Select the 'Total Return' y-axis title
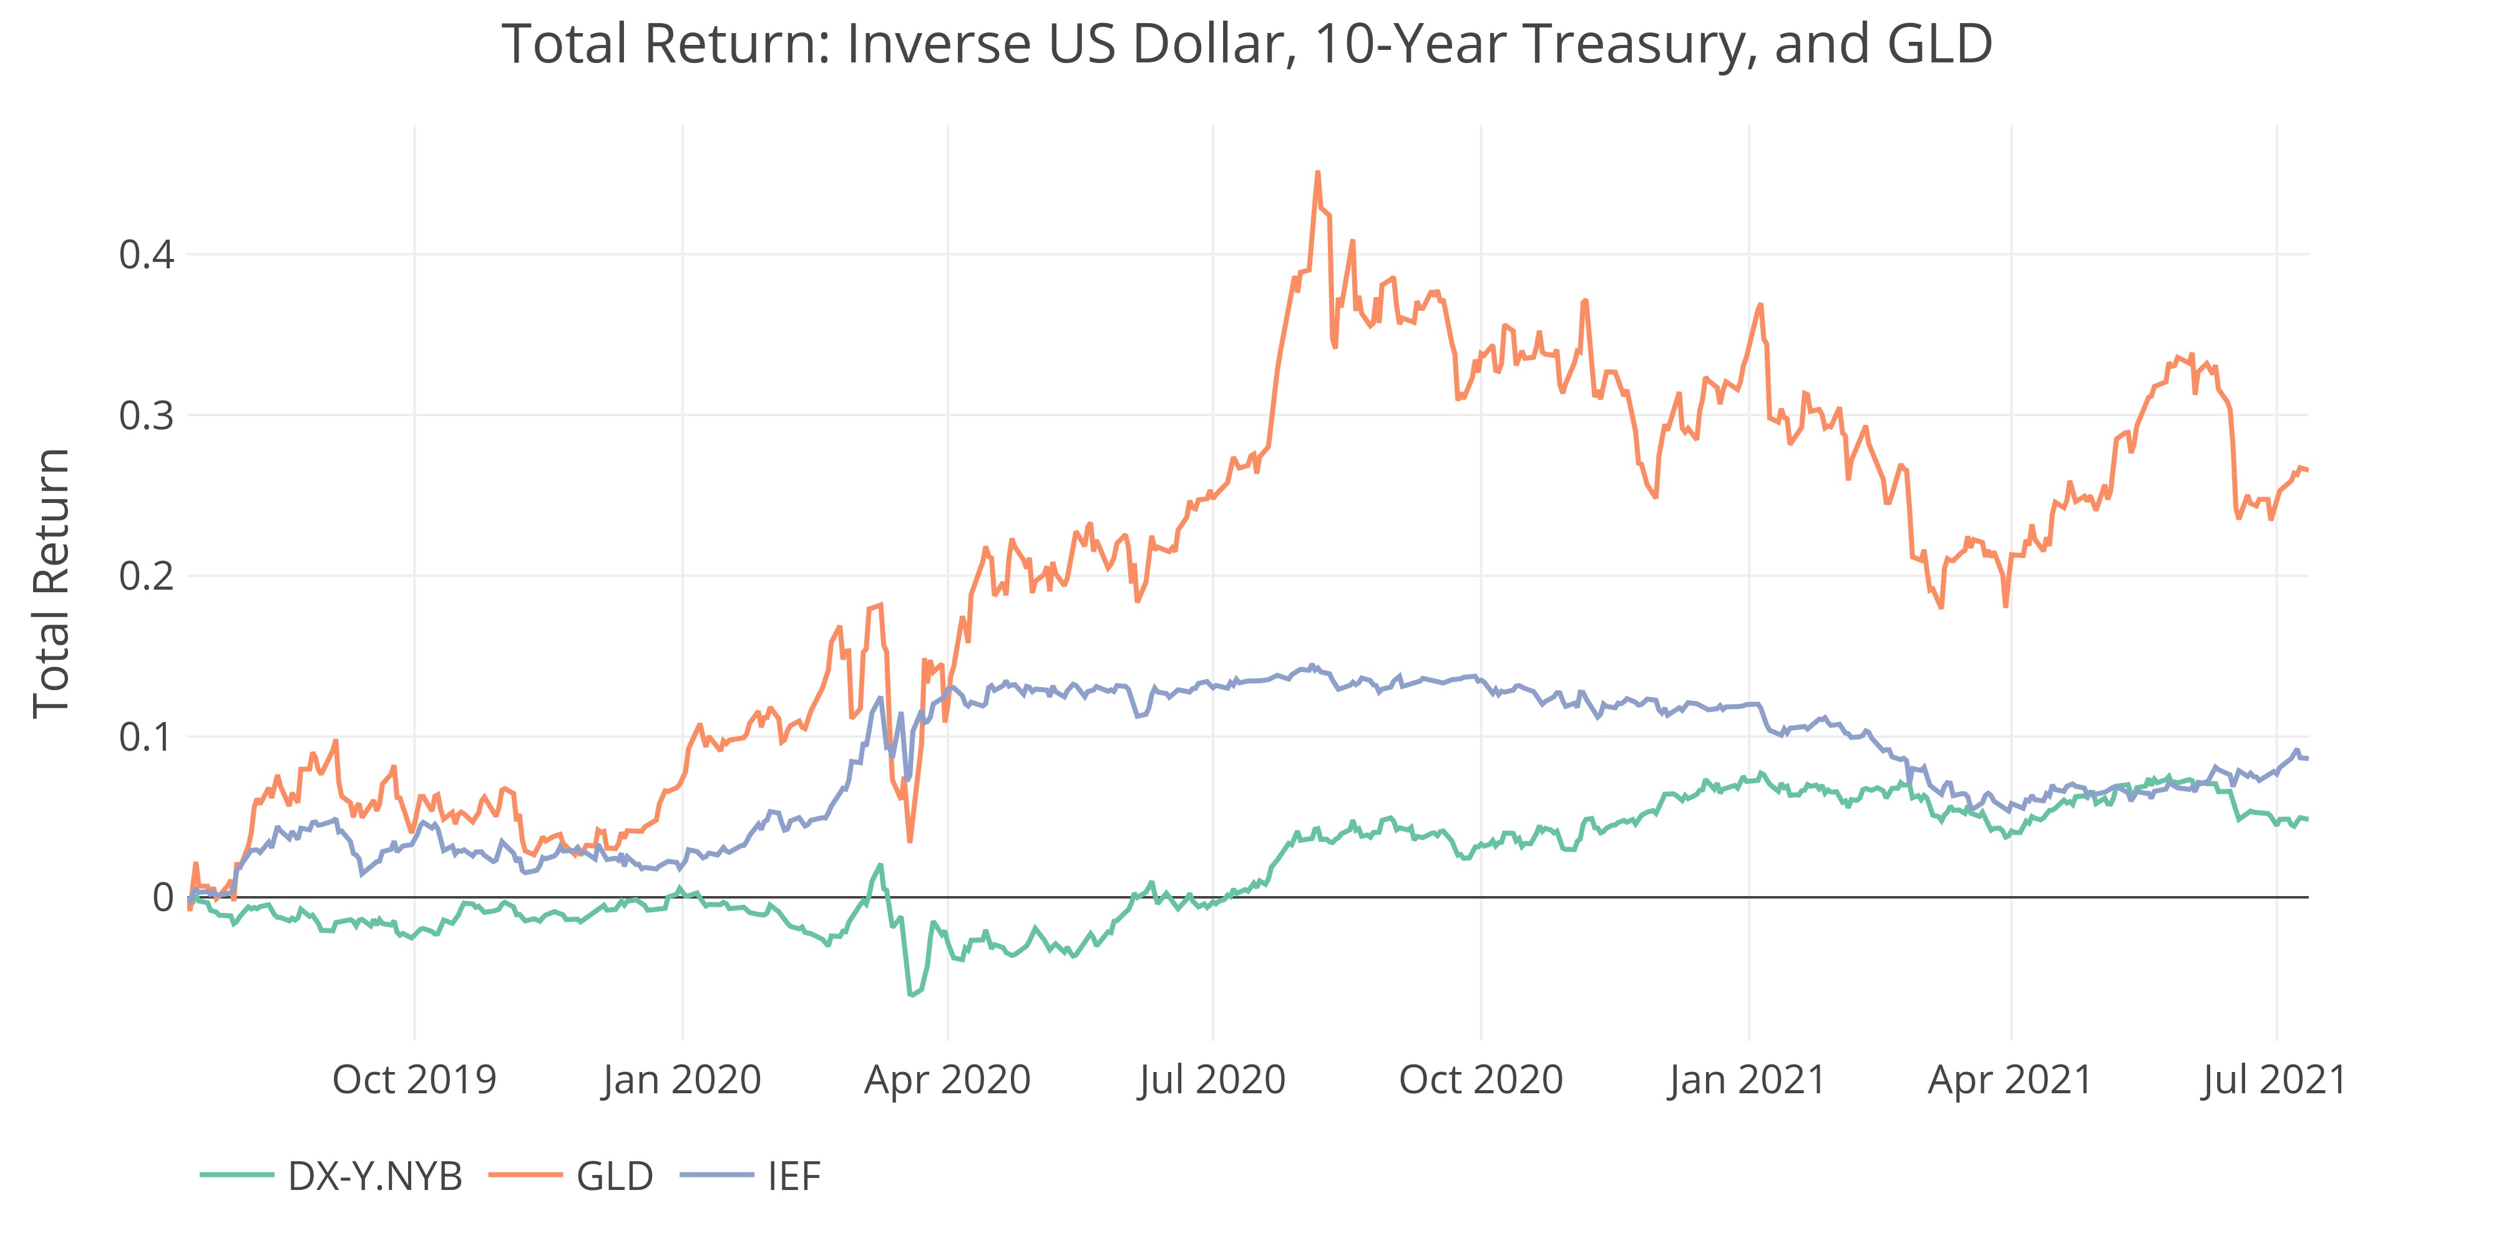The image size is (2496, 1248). point(51,583)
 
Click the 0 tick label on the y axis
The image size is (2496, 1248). point(163,898)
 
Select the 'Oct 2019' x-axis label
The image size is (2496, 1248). point(415,1080)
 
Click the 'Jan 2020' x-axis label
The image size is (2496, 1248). point(682,1080)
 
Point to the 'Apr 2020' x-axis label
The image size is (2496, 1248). point(948,1080)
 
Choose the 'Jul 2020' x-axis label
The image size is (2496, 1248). point(1212,1080)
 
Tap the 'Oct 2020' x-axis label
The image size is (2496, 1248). point(1481,1080)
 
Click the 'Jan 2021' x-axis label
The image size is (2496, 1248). point(1747,1080)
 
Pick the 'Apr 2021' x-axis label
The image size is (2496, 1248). point(2011,1080)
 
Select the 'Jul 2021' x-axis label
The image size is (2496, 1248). point(2274,1080)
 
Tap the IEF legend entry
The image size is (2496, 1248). point(794,1176)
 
